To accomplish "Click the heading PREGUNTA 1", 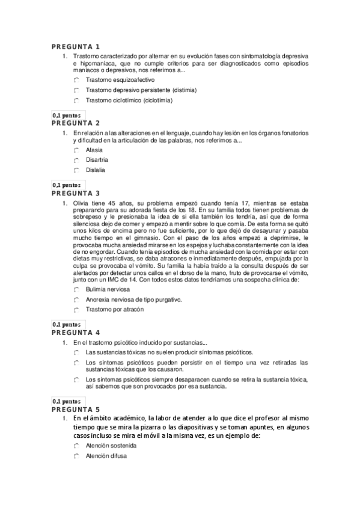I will pyautogui.click(x=75, y=47).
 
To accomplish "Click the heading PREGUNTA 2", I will pyautogui.click(x=75, y=123).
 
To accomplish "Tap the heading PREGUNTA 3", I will pyautogui.click(x=75, y=193).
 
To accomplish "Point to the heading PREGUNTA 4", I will pyautogui.click(x=75, y=332).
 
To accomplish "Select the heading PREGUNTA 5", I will pyautogui.click(x=75, y=408).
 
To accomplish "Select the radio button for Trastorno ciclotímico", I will pyautogui.click(x=78, y=100).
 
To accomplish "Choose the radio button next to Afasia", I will pyautogui.click(x=78, y=150).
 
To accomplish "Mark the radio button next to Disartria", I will pyautogui.click(x=78, y=160).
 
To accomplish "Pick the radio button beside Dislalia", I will pyautogui.click(x=78, y=170).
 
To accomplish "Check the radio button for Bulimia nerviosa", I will pyautogui.click(x=78, y=289).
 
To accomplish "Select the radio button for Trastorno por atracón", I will pyautogui.click(x=78, y=310).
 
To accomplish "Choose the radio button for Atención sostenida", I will pyautogui.click(x=78, y=446).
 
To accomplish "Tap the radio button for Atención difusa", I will pyautogui.click(x=78, y=456).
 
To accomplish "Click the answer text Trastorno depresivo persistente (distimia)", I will pyautogui.click(x=141, y=90).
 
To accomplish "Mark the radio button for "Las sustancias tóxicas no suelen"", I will pyautogui.click(x=78, y=352).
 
